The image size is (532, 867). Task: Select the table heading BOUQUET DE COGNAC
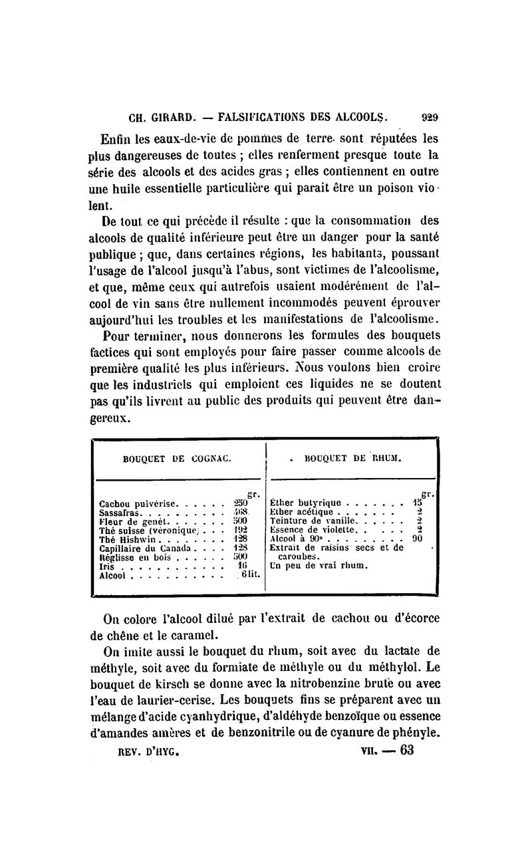tap(178, 458)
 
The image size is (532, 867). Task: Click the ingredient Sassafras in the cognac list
tap(120, 513)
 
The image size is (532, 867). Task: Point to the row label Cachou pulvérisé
tap(136, 503)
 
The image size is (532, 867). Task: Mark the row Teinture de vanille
tap(315, 521)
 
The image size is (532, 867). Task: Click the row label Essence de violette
tap(314, 530)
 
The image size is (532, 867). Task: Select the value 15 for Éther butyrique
tap(418, 503)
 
